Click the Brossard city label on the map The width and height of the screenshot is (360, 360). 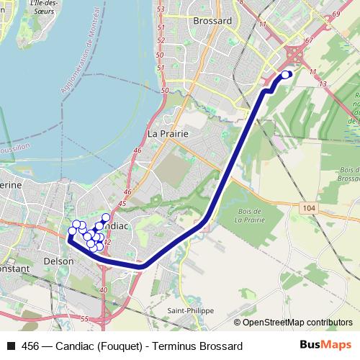pos(213,21)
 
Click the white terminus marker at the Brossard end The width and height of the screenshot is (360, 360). pos(286,74)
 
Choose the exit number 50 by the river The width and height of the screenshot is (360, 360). pos(165,91)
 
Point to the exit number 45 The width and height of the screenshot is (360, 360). pos(122,204)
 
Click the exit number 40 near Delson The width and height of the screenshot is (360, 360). pos(104,289)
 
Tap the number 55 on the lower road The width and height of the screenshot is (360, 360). pos(84,318)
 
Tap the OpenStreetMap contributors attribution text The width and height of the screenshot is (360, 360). pos(297,323)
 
